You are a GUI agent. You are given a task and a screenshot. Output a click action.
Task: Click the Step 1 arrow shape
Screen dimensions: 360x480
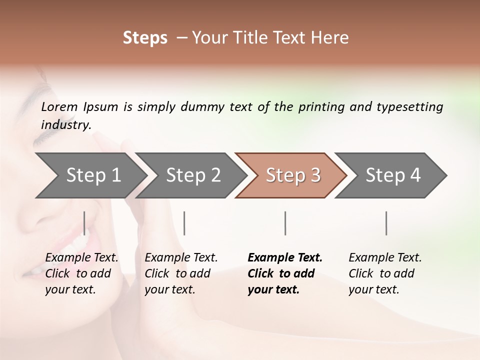tap(92, 175)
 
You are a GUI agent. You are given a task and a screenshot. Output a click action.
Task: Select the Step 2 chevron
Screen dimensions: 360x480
tap(192, 175)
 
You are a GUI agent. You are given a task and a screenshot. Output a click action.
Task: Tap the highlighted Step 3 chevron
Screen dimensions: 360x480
tap(292, 175)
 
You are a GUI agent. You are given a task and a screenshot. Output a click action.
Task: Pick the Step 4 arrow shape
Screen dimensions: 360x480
tap(392, 175)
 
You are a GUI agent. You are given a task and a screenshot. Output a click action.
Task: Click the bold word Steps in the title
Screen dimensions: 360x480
tap(145, 38)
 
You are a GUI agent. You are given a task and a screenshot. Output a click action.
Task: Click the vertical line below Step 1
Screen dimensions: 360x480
tap(84, 223)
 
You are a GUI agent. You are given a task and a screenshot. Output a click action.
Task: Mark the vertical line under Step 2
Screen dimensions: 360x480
tap(184, 223)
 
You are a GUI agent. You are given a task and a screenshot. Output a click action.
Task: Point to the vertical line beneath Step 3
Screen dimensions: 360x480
tap(285, 223)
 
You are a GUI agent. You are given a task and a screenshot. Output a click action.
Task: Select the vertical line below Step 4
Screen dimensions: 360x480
tap(386, 223)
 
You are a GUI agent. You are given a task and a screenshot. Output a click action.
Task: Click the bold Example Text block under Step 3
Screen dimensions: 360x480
tap(284, 273)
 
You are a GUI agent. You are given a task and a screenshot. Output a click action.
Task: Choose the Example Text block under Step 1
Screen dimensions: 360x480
tap(81, 273)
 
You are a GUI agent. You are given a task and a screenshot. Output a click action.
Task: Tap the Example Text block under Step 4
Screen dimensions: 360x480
tap(385, 273)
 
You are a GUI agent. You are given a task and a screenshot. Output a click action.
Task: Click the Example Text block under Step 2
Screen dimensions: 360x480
tap(181, 273)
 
